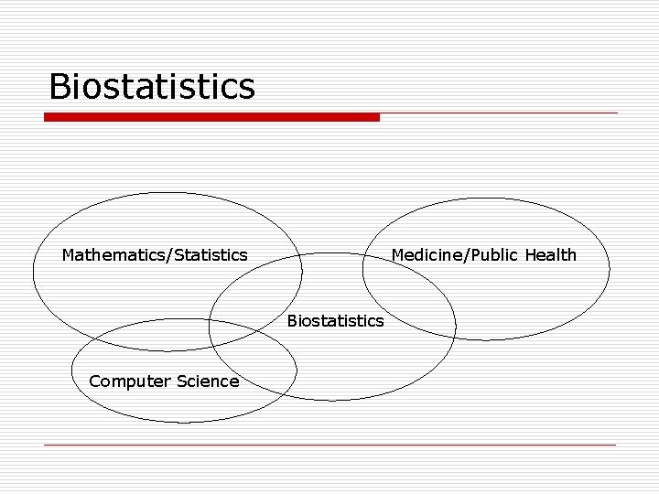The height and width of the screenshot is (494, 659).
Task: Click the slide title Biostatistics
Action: [152, 86]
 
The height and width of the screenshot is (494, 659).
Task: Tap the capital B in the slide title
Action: [60, 86]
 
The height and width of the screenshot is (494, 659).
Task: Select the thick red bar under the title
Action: [211, 117]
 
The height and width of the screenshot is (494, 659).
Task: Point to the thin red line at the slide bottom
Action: [329, 445]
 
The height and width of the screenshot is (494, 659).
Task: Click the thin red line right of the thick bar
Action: [499, 113]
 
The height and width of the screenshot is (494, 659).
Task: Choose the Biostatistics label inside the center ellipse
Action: [335, 321]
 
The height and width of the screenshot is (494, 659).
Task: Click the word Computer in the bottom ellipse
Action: [126, 381]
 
